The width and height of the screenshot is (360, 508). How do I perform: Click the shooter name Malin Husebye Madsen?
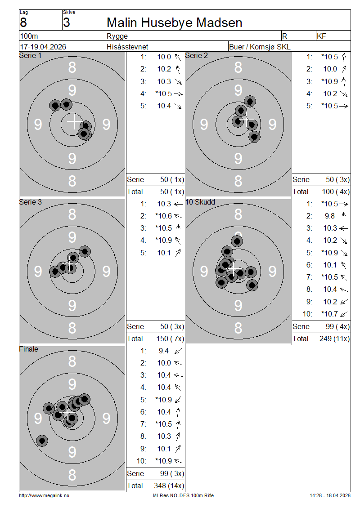[x=175, y=22]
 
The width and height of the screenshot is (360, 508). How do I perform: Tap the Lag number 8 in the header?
[x=23, y=22]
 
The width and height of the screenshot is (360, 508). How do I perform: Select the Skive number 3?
[x=67, y=22]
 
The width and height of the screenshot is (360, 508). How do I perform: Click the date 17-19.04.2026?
[x=43, y=47]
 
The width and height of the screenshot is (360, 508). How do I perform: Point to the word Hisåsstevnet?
[x=127, y=47]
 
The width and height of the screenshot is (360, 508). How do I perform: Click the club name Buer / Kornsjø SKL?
[x=260, y=47]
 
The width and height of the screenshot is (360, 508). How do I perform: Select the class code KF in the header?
[x=321, y=36]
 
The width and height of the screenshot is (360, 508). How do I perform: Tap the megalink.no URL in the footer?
[x=44, y=495]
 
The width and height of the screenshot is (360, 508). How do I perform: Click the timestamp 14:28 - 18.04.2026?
[x=330, y=495]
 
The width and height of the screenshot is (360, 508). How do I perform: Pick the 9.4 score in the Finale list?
[x=163, y=351]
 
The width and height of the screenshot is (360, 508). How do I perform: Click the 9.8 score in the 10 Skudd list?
[x=330, y=216]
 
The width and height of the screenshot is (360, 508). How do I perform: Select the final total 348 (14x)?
[x=169, y=486]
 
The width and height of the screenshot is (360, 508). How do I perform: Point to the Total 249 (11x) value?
[x=334, y=339]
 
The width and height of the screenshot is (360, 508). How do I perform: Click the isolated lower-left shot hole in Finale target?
[x=42, y=441]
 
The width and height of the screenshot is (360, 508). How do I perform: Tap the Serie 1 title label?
[x=30, y=55]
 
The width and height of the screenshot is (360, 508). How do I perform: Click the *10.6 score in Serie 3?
[x=163, y=216]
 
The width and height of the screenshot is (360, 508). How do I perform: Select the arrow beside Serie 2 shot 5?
[x=344, y=106]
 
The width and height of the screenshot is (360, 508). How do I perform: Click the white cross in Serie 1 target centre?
[x=74, y=121]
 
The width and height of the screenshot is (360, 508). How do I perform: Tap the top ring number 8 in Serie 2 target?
[x=238, y=67]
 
